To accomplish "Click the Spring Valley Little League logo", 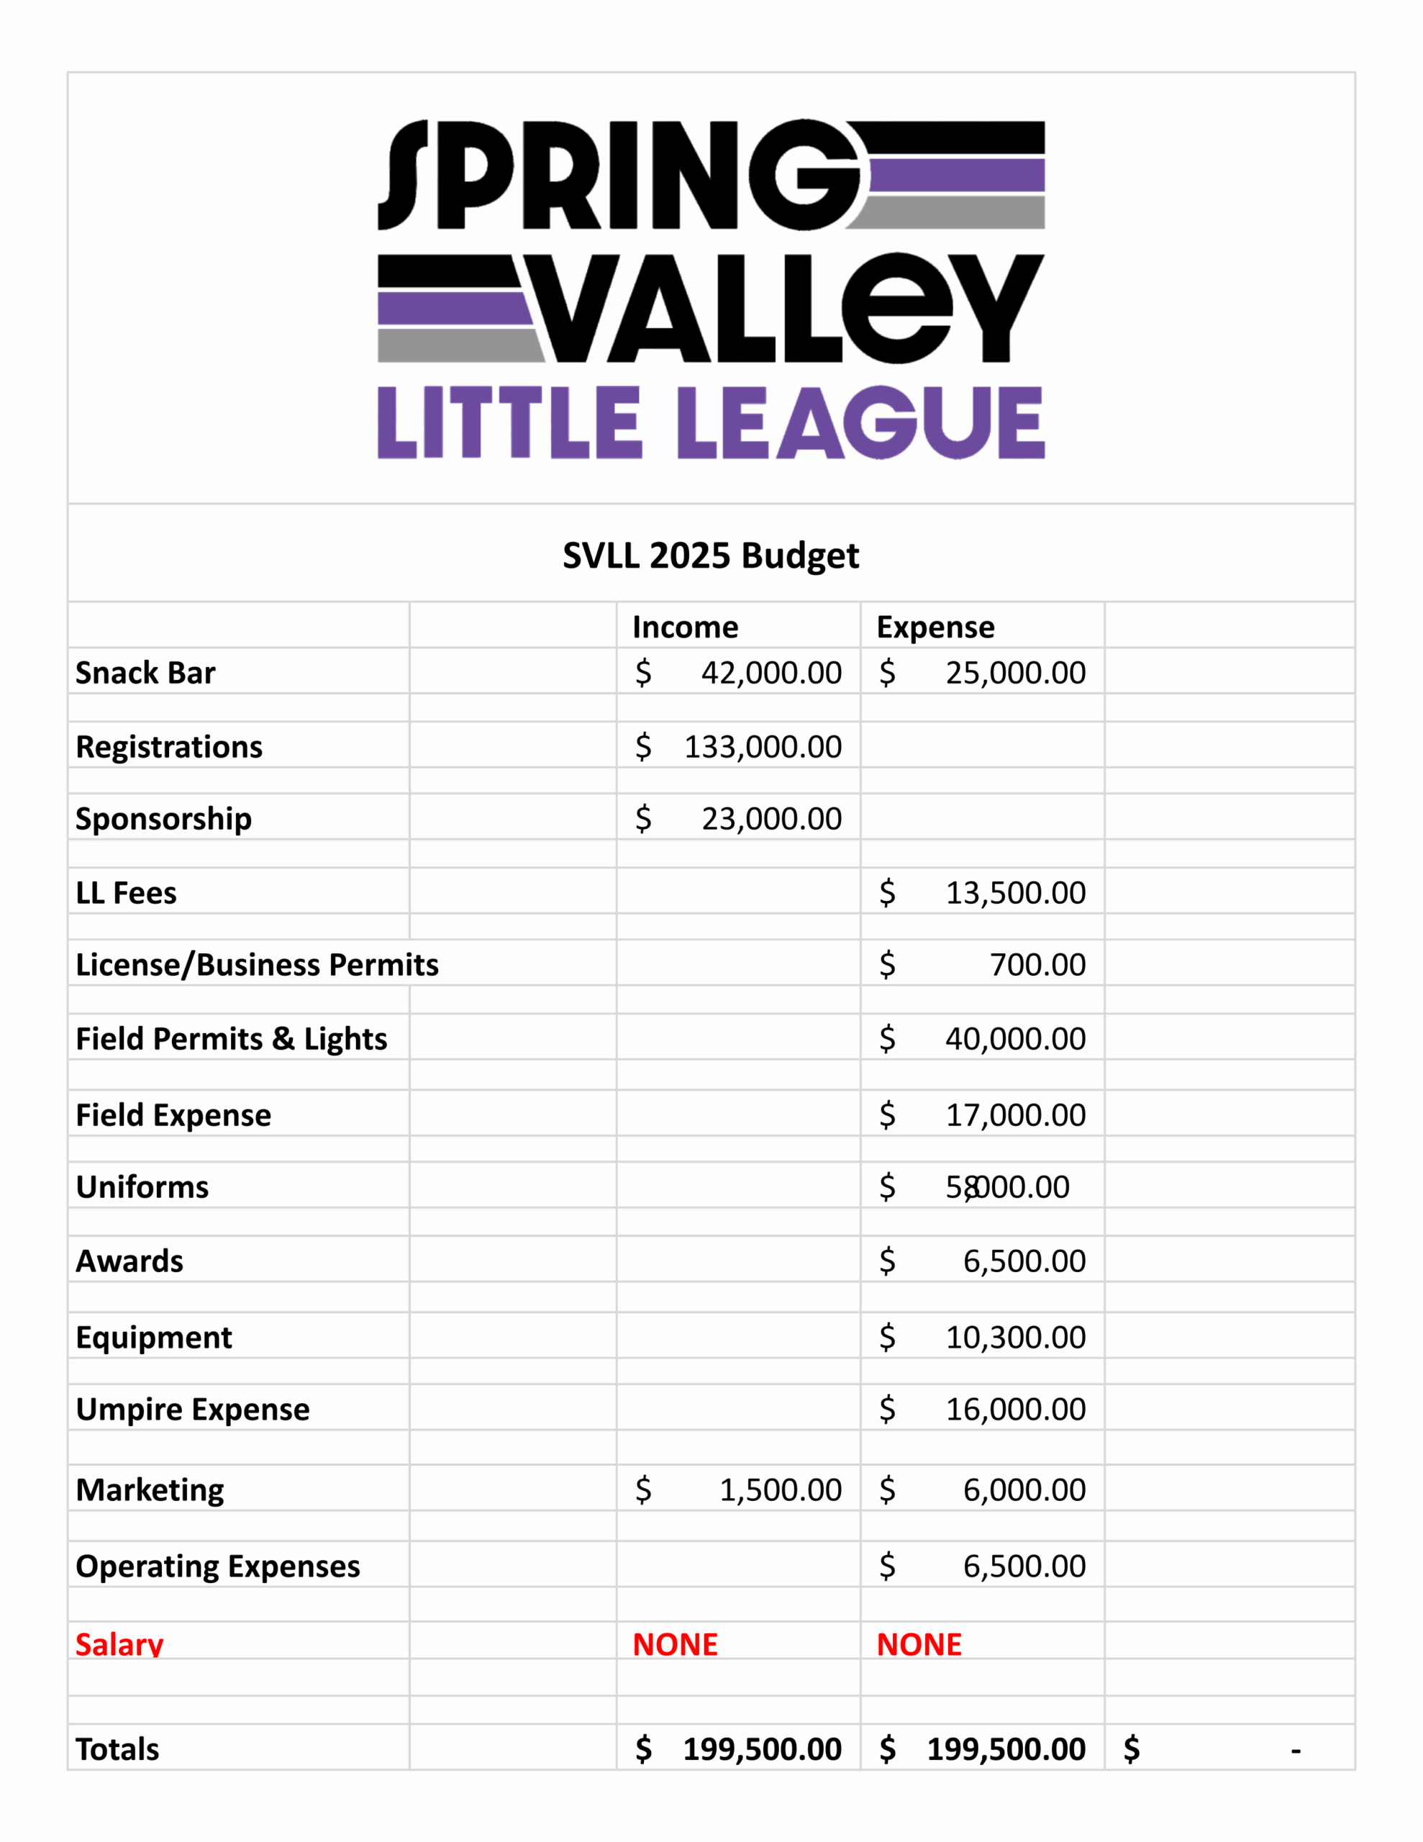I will point(711,289).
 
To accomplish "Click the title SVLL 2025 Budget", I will point(711,555).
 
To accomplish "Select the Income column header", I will point(685,627).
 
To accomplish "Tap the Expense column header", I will point(935,627).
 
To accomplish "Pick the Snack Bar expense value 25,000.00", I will point(1015,673).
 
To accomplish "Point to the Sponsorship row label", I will point(163,819).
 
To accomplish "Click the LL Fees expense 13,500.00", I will point(1015,893).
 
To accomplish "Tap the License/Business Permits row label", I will point(258,965).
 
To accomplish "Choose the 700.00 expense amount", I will point(1037,965).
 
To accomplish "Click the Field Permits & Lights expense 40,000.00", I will point(1015,1039).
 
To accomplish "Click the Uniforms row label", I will point(142,1187).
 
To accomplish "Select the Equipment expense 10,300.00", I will point(1015,1338).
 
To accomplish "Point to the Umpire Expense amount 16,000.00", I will point(1015,1410).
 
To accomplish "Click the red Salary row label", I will point(119,1645).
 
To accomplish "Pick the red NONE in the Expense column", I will point(919,1645).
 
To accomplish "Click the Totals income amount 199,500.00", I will point(762,1749).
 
